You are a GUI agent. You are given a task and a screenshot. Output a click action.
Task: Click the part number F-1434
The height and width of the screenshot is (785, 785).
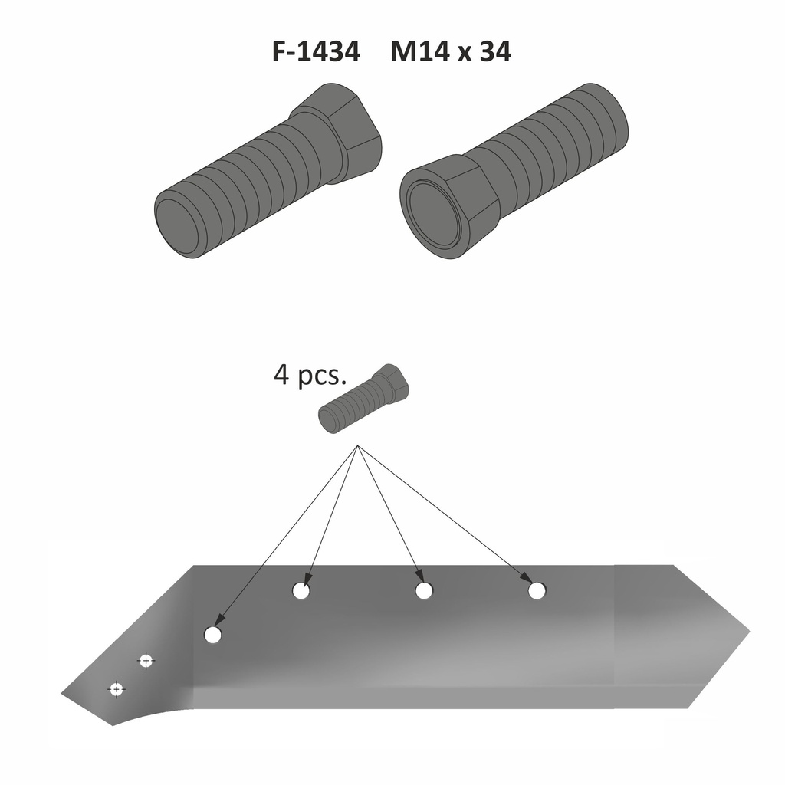[315, 52]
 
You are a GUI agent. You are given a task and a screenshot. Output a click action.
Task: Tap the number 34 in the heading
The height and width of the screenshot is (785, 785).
[494, 52]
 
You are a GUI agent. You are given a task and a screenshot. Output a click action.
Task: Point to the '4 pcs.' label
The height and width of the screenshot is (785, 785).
[310, 376]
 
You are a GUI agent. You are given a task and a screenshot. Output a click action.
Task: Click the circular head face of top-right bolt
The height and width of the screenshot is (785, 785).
[435, 213]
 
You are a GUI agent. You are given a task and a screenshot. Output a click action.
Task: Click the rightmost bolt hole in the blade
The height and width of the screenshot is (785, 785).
[537, 591]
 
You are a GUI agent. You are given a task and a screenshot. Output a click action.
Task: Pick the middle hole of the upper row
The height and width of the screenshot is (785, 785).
[424, 591]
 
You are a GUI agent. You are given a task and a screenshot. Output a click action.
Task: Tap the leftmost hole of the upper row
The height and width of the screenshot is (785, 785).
[301, 591]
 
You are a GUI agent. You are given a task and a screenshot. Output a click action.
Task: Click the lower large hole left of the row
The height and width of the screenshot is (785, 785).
[213, 635]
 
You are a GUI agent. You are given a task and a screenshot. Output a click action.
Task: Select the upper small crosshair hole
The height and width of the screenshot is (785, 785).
[145, 660]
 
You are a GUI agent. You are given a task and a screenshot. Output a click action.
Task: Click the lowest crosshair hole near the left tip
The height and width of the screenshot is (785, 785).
[116, 689]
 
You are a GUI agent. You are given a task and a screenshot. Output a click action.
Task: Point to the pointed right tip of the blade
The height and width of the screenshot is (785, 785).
[747, 632]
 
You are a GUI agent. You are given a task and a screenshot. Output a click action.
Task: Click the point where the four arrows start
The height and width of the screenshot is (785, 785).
[357, 446]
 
